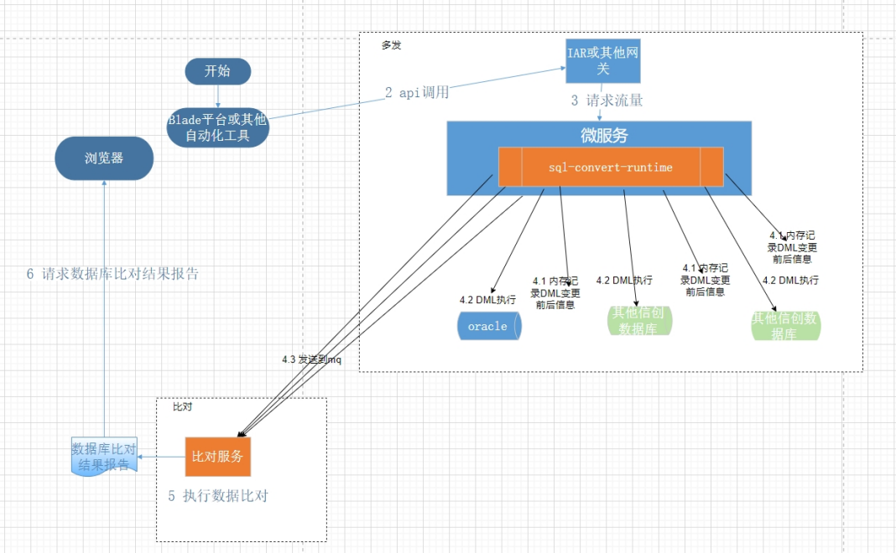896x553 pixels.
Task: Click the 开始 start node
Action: coord(217,71)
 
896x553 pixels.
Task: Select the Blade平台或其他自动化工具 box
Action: coord(217,127)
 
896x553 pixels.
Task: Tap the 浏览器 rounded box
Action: coord(104,158)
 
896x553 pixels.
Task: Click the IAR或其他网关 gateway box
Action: coord(602,61)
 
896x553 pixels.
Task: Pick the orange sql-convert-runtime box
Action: coord(610,168)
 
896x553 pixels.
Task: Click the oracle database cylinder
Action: coord(489,326)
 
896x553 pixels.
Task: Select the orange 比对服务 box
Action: coord(217,457)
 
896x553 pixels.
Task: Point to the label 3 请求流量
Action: coord(607,101)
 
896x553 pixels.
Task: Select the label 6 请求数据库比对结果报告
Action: coord(112,274)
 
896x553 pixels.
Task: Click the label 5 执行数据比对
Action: coord(217,496)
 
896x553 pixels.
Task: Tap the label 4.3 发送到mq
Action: coord(310,360)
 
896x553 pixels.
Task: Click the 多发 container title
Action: coord(391,45)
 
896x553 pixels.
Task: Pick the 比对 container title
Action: coord(182,406)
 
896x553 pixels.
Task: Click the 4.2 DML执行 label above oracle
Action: coord(487,299)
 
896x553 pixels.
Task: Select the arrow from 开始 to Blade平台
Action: coord(218,96)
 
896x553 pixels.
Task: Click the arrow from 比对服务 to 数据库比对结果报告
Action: coord(161,457)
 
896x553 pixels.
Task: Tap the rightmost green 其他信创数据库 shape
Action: coord(784,326)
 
